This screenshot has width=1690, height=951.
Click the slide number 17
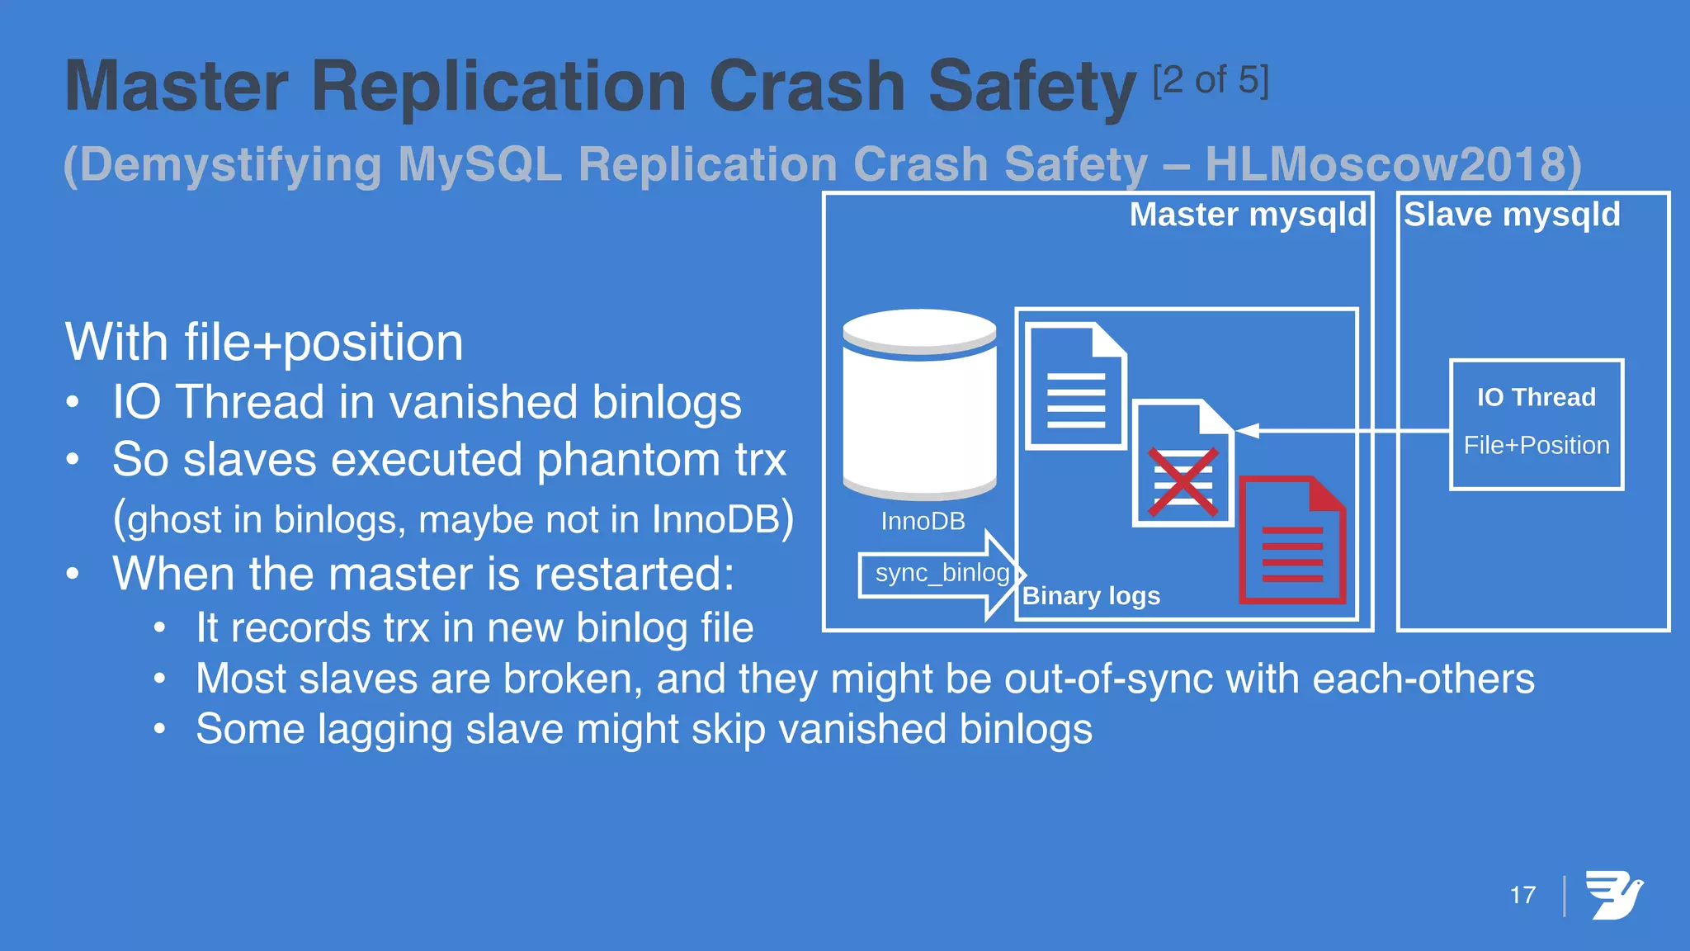(x=1522, y=895)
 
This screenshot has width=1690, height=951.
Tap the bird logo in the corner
(x=1614, y=895)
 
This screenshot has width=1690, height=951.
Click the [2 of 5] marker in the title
(x=1211, y=81)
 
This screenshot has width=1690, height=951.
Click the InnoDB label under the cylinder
(x=923, y=522)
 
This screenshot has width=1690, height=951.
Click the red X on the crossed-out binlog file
(x=1183, y=482)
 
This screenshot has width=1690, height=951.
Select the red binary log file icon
(x=1291, y=541)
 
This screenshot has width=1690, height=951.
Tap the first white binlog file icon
(x=1075, y=386)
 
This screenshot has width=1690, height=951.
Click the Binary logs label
(x=1091, y=596)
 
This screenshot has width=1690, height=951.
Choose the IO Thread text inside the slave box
(x=1536, y=398)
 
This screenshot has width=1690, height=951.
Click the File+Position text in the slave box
(x=1536, y=446)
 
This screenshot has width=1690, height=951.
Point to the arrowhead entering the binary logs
(x=1247, y=430)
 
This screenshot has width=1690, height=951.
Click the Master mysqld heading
(x=1248, y=215)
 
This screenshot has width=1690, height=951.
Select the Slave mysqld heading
(x=1512, y=215)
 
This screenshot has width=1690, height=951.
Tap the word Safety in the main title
(x=1031, y=88)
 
